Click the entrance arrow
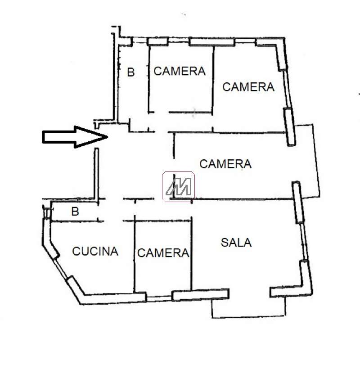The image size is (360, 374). click(75, 137)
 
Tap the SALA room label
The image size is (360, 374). click(236, 243)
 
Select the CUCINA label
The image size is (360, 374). click(95, 251)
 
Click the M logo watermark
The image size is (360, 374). click(178, 186)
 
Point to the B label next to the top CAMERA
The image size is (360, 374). click(131, 72)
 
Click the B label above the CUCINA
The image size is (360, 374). click(75, 212)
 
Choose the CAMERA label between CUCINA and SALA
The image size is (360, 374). click(163, 253)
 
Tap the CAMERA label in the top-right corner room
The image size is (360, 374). click(248, 87)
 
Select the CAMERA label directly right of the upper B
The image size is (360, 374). click(180, 71)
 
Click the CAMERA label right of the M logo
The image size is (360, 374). click(225, 164)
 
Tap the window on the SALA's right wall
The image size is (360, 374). click(304, 241)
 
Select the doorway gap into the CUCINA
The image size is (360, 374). click(113, 221)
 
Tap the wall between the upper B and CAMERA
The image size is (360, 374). click(149, 79)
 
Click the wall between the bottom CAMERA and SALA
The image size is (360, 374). click(191, 254)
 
